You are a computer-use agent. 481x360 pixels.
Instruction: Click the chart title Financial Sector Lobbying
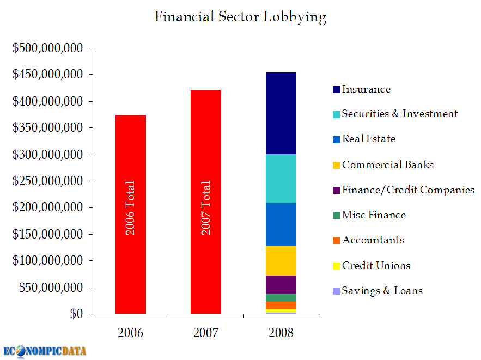tap(240, 17)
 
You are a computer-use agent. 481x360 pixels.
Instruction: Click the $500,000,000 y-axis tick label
tap(48, 48)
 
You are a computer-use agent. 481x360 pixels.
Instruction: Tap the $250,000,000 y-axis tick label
tap(48, 181)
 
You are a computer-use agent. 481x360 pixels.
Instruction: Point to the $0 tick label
tap(76, 314)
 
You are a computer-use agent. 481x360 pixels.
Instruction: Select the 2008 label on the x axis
tap(281, 333)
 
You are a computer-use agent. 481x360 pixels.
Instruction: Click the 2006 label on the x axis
tap(131, 333)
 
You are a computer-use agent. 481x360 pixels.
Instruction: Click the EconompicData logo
tap(45, 350)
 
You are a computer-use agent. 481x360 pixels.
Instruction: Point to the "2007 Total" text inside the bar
tap(206, 208)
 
